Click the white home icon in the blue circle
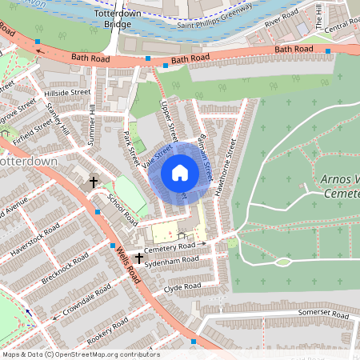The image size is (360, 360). pyautogui.click(x=180, y=172)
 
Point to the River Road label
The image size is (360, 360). pyautogui.click(x=281, y=20)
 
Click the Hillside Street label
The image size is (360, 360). pyautogui.click(x=67, y=94)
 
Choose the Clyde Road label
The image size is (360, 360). pyautogui.click(x=181, y=287)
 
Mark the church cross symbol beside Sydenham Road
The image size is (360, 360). pyautogui.click(x=139, y=258)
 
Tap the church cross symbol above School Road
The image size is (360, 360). pyautogui.click(x=93, y=182)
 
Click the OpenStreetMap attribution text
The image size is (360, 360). pyautogui.click(x=80, y=354)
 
